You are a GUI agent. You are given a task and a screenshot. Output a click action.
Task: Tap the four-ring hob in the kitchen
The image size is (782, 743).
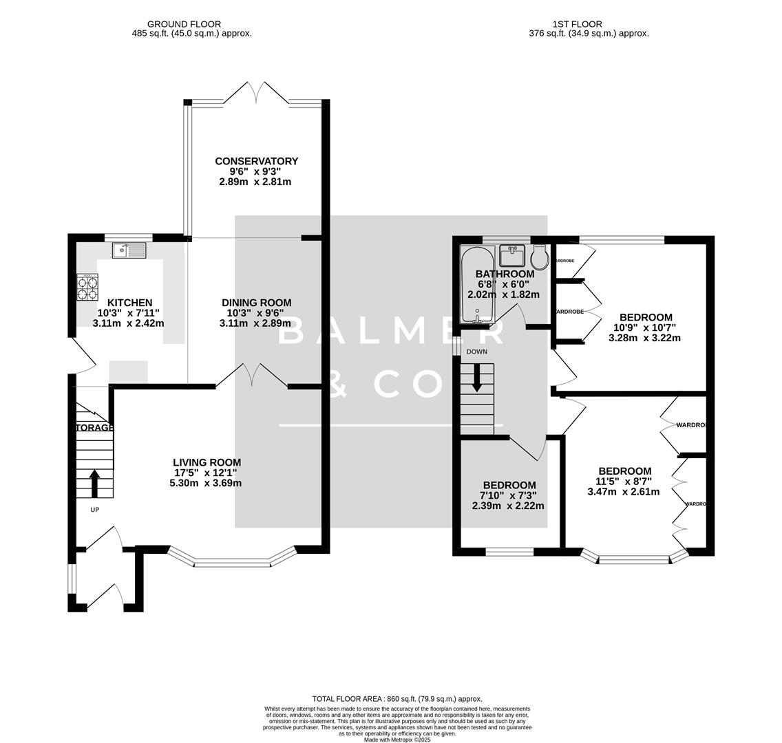[x=87, y=287]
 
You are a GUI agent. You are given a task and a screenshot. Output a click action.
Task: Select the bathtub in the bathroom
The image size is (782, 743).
[x=476, y=285]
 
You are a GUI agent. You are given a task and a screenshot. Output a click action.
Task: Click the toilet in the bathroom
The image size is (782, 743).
[x=540, y=257]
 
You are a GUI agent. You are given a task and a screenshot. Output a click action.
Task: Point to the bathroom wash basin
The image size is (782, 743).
[x=512, y=255]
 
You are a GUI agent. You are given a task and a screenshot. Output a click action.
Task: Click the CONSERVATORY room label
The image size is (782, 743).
[x=256, y=161]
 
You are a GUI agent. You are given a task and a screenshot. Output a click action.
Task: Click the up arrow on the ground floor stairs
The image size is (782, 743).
[x=94, y=484]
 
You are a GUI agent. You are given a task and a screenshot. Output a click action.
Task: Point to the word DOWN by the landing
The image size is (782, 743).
[x=476, y=352]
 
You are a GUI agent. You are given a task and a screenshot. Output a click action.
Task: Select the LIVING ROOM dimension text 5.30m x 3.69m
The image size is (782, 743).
[x=205, y=483]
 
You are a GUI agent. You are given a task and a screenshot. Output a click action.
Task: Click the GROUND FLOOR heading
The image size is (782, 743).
[x=191, y=24]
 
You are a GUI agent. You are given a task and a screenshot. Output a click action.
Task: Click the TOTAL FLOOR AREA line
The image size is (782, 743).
[x=397, y=698]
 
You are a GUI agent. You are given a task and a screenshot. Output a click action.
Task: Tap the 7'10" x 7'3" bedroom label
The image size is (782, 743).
[x=509, y=495]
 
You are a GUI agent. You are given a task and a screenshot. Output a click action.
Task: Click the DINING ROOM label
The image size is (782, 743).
[x=256, y=303]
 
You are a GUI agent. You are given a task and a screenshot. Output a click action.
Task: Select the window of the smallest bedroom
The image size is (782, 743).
[x=509, y=551]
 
